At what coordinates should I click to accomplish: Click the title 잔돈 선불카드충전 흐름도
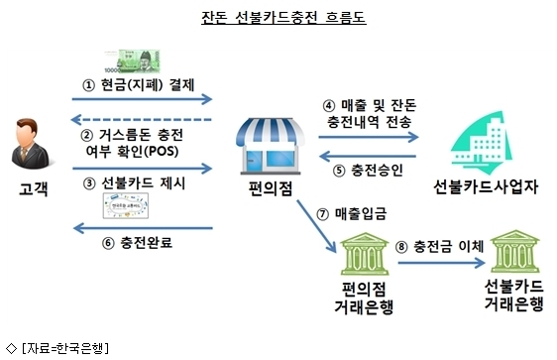point(283,17)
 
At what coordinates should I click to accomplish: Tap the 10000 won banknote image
point(133,61)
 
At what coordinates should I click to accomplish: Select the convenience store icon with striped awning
point(271,147)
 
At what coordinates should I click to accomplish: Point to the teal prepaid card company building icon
point(482,143)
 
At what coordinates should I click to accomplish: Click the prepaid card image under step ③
point(126,205)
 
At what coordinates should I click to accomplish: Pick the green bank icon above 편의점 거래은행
point(365,254)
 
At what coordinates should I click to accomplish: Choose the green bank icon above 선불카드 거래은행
point(514,251)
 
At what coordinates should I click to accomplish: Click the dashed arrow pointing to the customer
point(142,120)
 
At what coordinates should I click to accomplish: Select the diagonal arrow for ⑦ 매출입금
point(316,226)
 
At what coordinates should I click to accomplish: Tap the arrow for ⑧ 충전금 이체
point(442,263)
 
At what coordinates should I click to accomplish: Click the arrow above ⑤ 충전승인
point(368,156)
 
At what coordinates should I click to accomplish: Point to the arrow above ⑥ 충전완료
point(143,228)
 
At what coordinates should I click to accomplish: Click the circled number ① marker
point(89,85)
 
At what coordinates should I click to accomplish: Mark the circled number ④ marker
point(329,105)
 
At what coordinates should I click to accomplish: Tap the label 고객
point(33,188)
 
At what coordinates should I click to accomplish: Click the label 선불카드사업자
point(486,186)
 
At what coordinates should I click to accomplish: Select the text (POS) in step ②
point(163,152)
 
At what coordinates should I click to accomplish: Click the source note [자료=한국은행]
point(65,348)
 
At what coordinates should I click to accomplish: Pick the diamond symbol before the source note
point(11,348)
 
